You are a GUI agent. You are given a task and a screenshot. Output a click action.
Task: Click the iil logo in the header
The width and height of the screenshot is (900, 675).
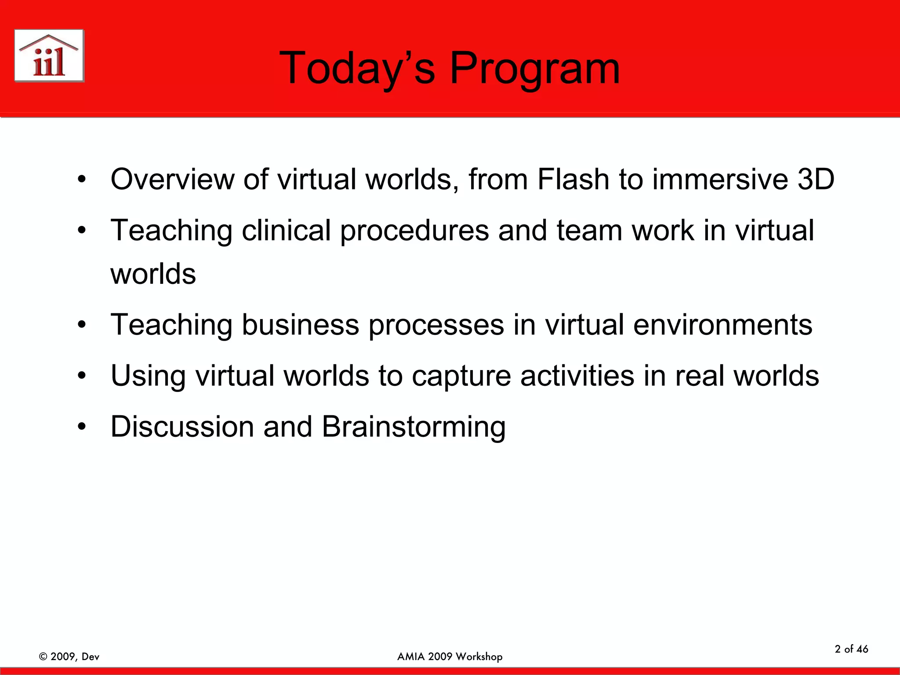[x=49, y=56]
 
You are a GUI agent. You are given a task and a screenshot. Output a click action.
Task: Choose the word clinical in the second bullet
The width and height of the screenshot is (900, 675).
[x=286, y=230]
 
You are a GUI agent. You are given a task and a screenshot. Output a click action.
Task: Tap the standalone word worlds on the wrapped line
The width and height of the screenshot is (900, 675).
[x=153, y=274]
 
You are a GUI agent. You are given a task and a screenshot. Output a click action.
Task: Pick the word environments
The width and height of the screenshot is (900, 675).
[x=722, y=325]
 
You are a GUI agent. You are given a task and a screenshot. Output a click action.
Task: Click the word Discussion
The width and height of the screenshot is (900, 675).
[x=182, y=427]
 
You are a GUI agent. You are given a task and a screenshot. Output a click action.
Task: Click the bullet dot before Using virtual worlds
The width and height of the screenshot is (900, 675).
[x=82, y=377]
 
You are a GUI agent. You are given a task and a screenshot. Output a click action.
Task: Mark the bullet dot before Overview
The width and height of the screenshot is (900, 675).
[x=82, y=180]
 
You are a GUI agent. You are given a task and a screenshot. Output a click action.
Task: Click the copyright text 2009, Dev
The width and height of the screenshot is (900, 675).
[x=69, y=657]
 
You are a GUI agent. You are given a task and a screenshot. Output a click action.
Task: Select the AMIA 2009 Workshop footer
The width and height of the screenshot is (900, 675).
[x=450, y=657]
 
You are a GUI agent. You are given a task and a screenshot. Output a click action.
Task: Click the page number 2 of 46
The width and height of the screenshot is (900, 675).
[x=851, y=649]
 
